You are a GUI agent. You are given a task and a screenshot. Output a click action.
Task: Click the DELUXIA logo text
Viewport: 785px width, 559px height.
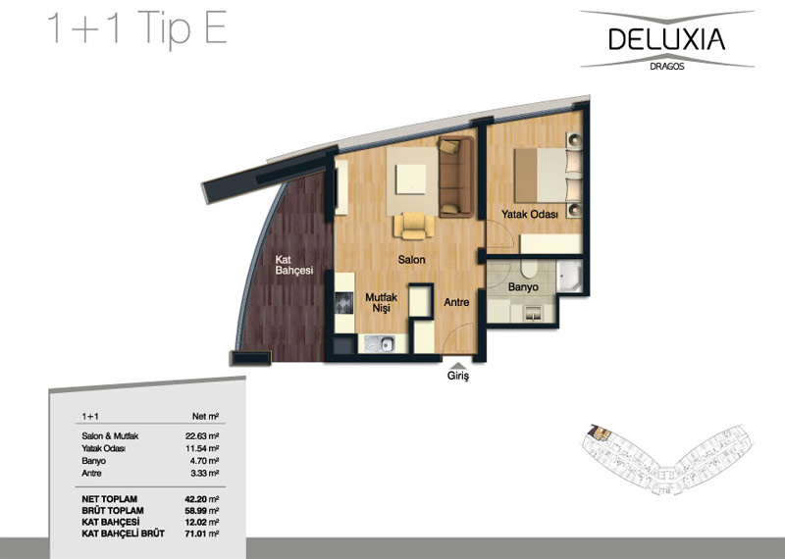[x=667, y=39]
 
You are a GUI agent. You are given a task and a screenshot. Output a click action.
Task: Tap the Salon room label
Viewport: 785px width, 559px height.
[x=411, y=259]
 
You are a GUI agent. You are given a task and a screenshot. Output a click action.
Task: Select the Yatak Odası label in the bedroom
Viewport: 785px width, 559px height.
[x=530, y=214]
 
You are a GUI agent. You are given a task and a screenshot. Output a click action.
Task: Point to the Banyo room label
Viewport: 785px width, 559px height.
[x=523, y=286]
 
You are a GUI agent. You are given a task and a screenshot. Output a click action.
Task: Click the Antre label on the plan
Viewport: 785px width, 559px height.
[x=456, y=302]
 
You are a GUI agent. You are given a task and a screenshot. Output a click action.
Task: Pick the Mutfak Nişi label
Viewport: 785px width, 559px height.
[x=381, y=302]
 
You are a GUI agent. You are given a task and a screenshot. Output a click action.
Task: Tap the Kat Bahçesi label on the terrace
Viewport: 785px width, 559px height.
[x=293, y=265]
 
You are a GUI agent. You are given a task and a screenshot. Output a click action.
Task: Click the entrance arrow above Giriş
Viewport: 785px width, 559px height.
[x=458, y=366]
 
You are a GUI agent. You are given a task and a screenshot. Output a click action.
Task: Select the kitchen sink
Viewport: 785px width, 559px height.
[x=380, y=344]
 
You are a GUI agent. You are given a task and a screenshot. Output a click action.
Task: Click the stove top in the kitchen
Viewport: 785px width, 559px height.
[x=344, y=303]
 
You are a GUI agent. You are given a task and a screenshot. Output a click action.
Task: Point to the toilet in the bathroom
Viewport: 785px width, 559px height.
[x=528, y=268]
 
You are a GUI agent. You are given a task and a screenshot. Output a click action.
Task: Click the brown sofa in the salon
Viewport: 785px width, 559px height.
[x=455, y=177]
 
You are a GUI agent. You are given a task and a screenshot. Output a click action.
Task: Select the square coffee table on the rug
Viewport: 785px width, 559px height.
[x=411, y=178]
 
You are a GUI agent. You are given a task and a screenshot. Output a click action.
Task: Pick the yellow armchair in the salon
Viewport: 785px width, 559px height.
[x=413, y=226]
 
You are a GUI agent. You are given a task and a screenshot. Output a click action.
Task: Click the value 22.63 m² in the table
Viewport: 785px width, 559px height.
[x=202, y=435]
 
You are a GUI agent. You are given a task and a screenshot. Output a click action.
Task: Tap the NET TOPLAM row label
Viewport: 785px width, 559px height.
[x=110, y=499]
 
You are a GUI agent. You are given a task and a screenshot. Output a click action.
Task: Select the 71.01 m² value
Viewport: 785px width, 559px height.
[x=202, y=534]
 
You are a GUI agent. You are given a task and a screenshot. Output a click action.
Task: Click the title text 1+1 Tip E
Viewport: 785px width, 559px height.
[x=137, y=28]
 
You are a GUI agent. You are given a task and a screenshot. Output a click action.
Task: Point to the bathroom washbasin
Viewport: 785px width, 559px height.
[x=531, y=313]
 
